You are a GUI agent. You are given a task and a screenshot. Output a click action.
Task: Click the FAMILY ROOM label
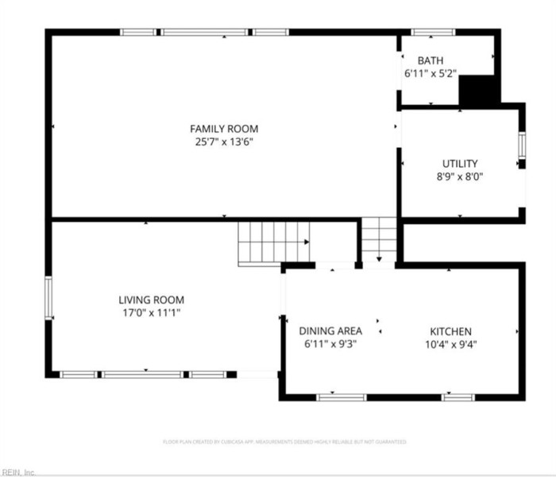(x=223, y=129)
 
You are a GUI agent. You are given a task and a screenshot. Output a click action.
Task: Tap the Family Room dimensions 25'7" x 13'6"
(x=223, y=142)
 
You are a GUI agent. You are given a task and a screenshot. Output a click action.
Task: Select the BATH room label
(x=431, y=60)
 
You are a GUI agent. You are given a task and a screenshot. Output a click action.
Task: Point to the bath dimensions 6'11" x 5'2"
(x=431, y=73)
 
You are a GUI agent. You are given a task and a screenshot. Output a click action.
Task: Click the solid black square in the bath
(x=478, y=90)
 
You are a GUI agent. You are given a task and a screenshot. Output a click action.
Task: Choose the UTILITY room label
(x=460, y=164)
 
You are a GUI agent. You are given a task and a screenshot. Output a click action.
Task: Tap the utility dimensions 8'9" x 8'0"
(x=460, y=176)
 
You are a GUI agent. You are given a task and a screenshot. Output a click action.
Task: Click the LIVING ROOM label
(x=151, y=300)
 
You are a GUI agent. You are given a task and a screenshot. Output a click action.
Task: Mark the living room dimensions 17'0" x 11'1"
(x=151, y=313)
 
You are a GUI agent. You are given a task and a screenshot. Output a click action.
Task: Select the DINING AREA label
(x=330, y=331)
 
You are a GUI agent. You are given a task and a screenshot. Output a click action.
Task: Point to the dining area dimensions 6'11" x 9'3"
(x=330, y=344)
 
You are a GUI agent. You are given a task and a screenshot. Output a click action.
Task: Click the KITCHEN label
(x=451, y=332)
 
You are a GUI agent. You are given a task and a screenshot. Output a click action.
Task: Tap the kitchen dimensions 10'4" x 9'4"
(x=451, y=344)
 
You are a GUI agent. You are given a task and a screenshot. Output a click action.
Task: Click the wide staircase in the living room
(x=274, y=242)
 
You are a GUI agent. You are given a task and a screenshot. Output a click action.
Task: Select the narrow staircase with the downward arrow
(x=379, y=239)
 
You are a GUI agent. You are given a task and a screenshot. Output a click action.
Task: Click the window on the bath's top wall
(x=433, y=33)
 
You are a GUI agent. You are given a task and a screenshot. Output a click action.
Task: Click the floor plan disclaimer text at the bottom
(x=284, y=441)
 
